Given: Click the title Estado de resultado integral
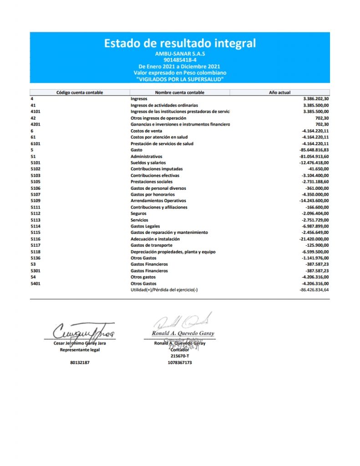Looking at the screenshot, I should click(180, 44).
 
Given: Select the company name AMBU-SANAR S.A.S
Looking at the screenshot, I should click(180, 54).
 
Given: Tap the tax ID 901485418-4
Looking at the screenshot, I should click(180, 60).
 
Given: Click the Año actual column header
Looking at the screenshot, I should click(279, 92).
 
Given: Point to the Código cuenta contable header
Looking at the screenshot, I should click(80, 92).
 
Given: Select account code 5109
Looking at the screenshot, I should click(35, 201).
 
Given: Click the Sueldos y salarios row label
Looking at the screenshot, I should click(148, 162).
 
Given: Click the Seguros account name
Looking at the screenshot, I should click(138, 213).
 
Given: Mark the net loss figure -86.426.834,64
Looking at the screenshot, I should click(314, 290).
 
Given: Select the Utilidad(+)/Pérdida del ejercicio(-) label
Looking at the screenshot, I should click(164, 290).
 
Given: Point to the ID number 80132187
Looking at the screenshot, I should click(80, 363).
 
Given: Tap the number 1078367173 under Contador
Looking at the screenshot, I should click(180, 363).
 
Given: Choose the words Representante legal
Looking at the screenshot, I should click(80, 350).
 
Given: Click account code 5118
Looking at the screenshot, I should click(35, 252).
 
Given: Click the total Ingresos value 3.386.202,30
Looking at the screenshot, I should click(316, 99).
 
